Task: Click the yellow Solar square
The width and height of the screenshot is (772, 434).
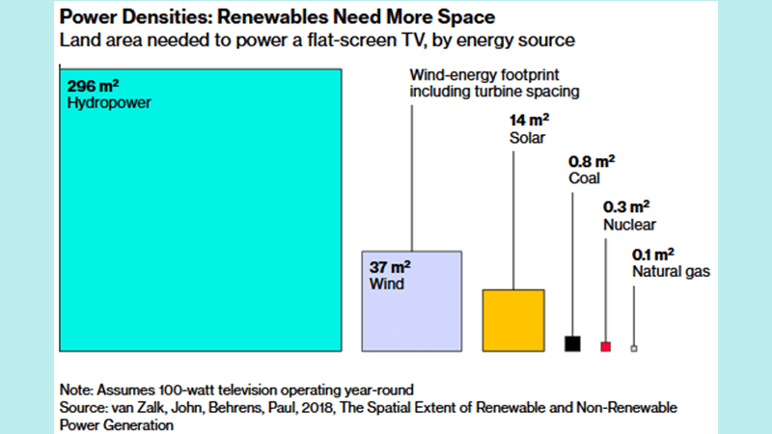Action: coord(512,319)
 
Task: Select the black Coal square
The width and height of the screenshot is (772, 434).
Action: coord(572,343)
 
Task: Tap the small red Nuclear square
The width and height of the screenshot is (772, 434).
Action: coord(606,346)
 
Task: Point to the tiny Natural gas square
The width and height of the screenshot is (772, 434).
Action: coord(634,348)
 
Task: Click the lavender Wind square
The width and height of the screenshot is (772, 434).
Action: coord(412,300)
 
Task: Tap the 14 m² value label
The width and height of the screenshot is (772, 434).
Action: coord(529,122)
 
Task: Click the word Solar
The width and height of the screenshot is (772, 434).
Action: coord(527,138)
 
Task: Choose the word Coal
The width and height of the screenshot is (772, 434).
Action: coord(585,177)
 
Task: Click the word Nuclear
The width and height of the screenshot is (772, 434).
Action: coord(629,225)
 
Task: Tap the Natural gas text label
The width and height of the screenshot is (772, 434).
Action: coord(671,272)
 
